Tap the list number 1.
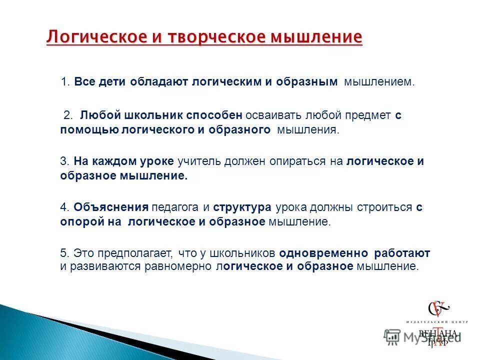click(x=64, y=81)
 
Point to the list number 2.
click(x=67, y=115)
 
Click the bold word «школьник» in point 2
click(x=153, y=115)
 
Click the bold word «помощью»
click(x=89, y=130)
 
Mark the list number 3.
click(x=64, y=161)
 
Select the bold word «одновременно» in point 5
click(x=323, y=253)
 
